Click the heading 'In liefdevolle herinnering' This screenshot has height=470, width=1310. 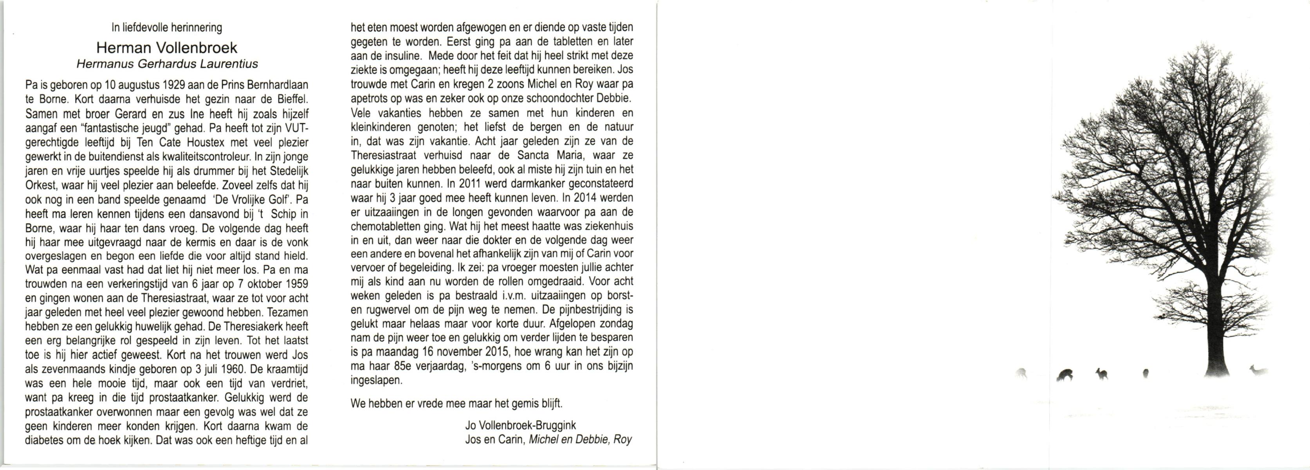[x=167, y=27]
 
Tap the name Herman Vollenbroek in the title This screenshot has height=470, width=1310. [x=167, y=48]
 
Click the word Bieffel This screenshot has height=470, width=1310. [x=291, y=100]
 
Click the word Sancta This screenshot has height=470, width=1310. [x=531, y=155]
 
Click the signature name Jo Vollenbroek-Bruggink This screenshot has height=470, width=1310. [x=520, y=426]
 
